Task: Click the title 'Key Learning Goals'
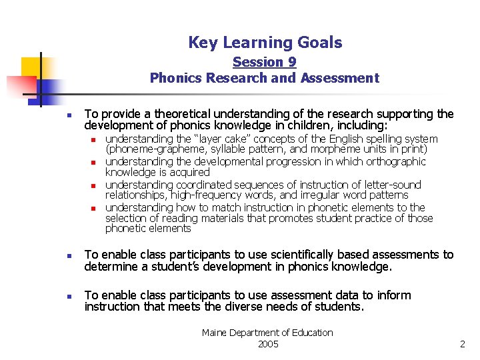click(265, 43)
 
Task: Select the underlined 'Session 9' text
click(264, 62)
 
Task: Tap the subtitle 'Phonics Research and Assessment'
click(264, 78)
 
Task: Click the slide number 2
click(462, 344)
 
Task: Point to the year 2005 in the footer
click(267, 344)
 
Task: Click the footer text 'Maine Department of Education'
click(267, 333)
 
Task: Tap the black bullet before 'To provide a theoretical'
click(69, 115)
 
